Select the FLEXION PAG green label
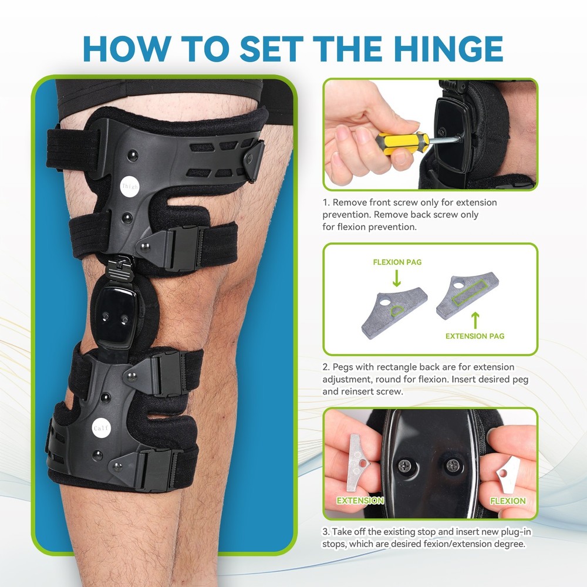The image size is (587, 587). pyautogui.click(x=397, y=262)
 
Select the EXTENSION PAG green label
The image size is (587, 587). pyautogui.click(x=475, y=336)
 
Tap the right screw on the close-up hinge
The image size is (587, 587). pyautogui.click(x=453, y=466)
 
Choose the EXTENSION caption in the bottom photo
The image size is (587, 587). pyautogui.click(x=360, y=501)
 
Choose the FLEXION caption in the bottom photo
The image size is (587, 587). pyautogui.click(x=508, y=501)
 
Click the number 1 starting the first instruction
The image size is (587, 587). pyautogui.click(x=325, y=203)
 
